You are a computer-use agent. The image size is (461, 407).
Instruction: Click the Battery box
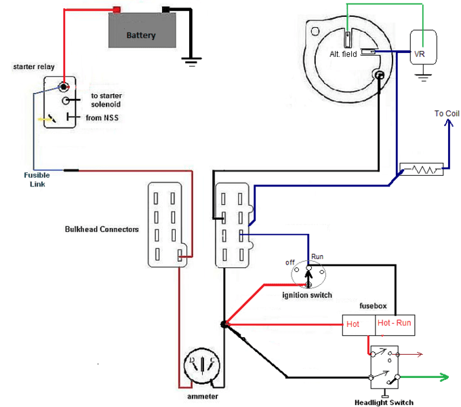(141, 31)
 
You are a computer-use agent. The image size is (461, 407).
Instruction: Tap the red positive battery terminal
(117, 9)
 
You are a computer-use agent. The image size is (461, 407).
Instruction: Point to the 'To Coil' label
(447, 113)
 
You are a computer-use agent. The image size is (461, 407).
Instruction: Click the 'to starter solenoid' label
(106, 100)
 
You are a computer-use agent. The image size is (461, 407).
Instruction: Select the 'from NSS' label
(102, 118)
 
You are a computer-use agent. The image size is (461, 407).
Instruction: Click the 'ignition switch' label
(306, 295)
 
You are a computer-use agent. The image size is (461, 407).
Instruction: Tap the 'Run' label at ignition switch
(317, 257)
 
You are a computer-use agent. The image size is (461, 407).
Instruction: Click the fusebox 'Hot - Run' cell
(394, 324)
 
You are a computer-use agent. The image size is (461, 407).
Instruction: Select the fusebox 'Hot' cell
(358, 324)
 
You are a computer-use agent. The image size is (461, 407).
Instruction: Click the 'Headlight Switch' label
(384, 402)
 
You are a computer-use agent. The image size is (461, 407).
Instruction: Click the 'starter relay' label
(34, 66)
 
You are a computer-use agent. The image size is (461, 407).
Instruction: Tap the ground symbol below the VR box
(423, 75)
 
